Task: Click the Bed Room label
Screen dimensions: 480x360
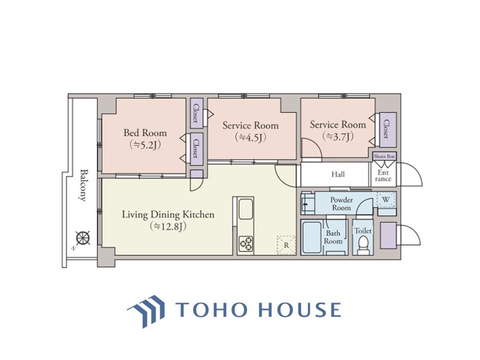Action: pos(145,133)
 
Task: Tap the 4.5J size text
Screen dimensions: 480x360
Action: pos(250,138)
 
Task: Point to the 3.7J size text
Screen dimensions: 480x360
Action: pos(338,136)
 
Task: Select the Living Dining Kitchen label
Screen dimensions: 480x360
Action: pos(168,214)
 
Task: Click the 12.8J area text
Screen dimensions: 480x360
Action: pos(168,226)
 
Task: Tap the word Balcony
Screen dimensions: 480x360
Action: pos(82,185)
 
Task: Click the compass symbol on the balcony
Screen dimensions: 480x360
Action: pos(83,238)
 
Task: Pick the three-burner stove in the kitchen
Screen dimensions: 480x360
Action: pos(246,244)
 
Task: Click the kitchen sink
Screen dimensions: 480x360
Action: pos(246,209)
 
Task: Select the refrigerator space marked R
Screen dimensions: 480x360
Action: pos(287,245)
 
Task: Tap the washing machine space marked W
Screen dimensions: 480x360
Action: pos(386,200)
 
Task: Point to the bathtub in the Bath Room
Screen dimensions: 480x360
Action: pos(312,237)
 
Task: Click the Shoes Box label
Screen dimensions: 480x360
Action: pos(385,156)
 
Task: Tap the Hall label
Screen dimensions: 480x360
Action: pos(338,175)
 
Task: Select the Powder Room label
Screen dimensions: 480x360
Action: pos(341,204)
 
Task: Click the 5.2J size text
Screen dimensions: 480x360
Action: pos(145,145)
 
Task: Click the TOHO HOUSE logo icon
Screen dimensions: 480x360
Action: pos(146,311)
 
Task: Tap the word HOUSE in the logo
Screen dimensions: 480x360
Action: pos(300,309)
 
